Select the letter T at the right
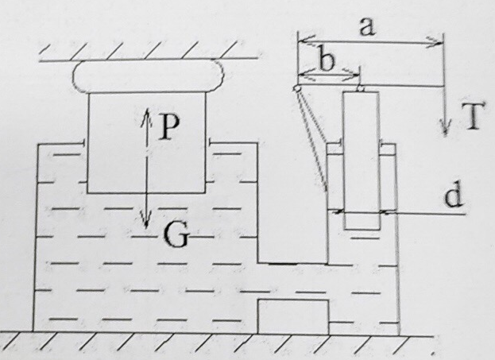(471, 119)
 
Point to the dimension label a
(365, 26)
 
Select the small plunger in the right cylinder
(362, 159)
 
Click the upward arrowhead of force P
(145, 112)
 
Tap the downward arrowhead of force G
(145, 222)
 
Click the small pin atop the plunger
(361, 88)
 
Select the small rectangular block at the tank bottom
(292, 315)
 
